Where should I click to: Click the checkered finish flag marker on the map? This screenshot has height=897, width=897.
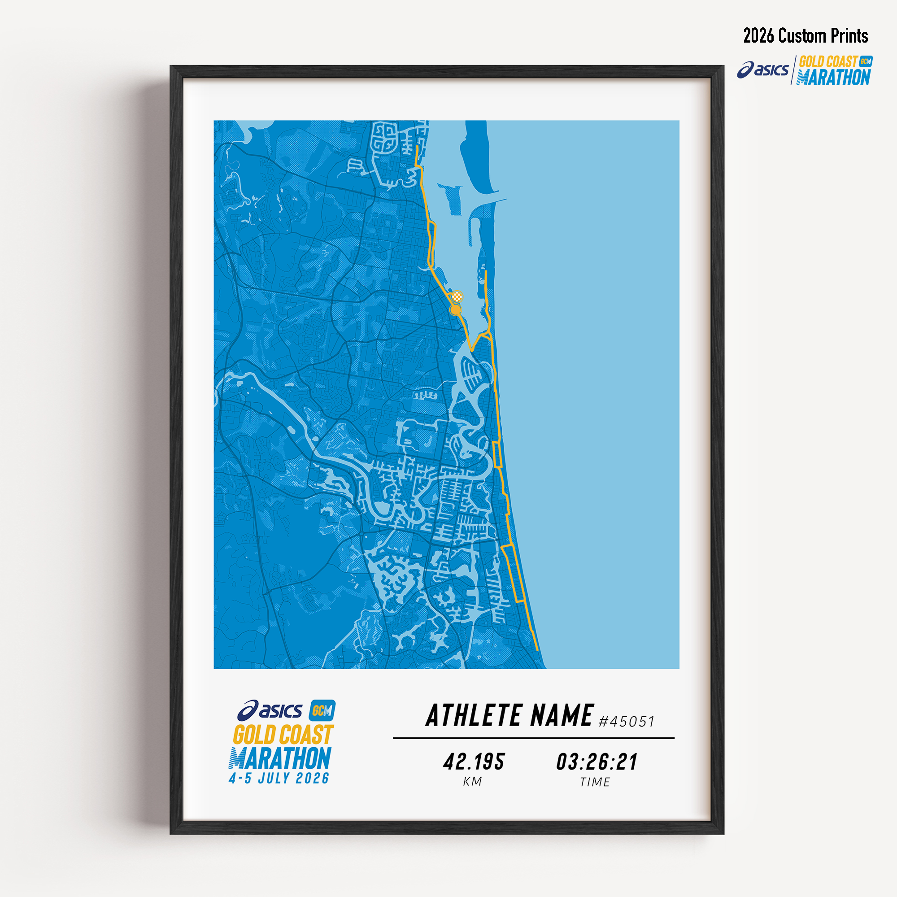(x=458, y=296)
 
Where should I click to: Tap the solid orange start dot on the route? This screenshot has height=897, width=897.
(x=456, y=309)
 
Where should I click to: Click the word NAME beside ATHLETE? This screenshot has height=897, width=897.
(x=562, y=715)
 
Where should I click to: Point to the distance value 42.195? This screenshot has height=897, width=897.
(x=474, y=762)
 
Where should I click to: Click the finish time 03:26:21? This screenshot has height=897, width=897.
(x=597, y=762)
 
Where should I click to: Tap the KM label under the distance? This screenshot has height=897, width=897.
(x=473, y=782)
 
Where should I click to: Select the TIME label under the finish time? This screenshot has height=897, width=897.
(x=595, y=782)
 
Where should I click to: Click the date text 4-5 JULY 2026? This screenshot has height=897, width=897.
(x=279, y=778)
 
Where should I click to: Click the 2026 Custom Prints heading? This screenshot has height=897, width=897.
(x=806, y=36)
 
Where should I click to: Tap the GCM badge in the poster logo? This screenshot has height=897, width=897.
(x=322, y=710)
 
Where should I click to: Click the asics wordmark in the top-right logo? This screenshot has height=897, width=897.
(x=764, y=70)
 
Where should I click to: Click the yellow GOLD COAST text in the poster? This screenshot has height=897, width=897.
(x=283, y=735)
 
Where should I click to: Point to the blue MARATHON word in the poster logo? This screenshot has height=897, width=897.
(x=280, y=758)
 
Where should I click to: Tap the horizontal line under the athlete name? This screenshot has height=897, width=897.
(x=533, y=738)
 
